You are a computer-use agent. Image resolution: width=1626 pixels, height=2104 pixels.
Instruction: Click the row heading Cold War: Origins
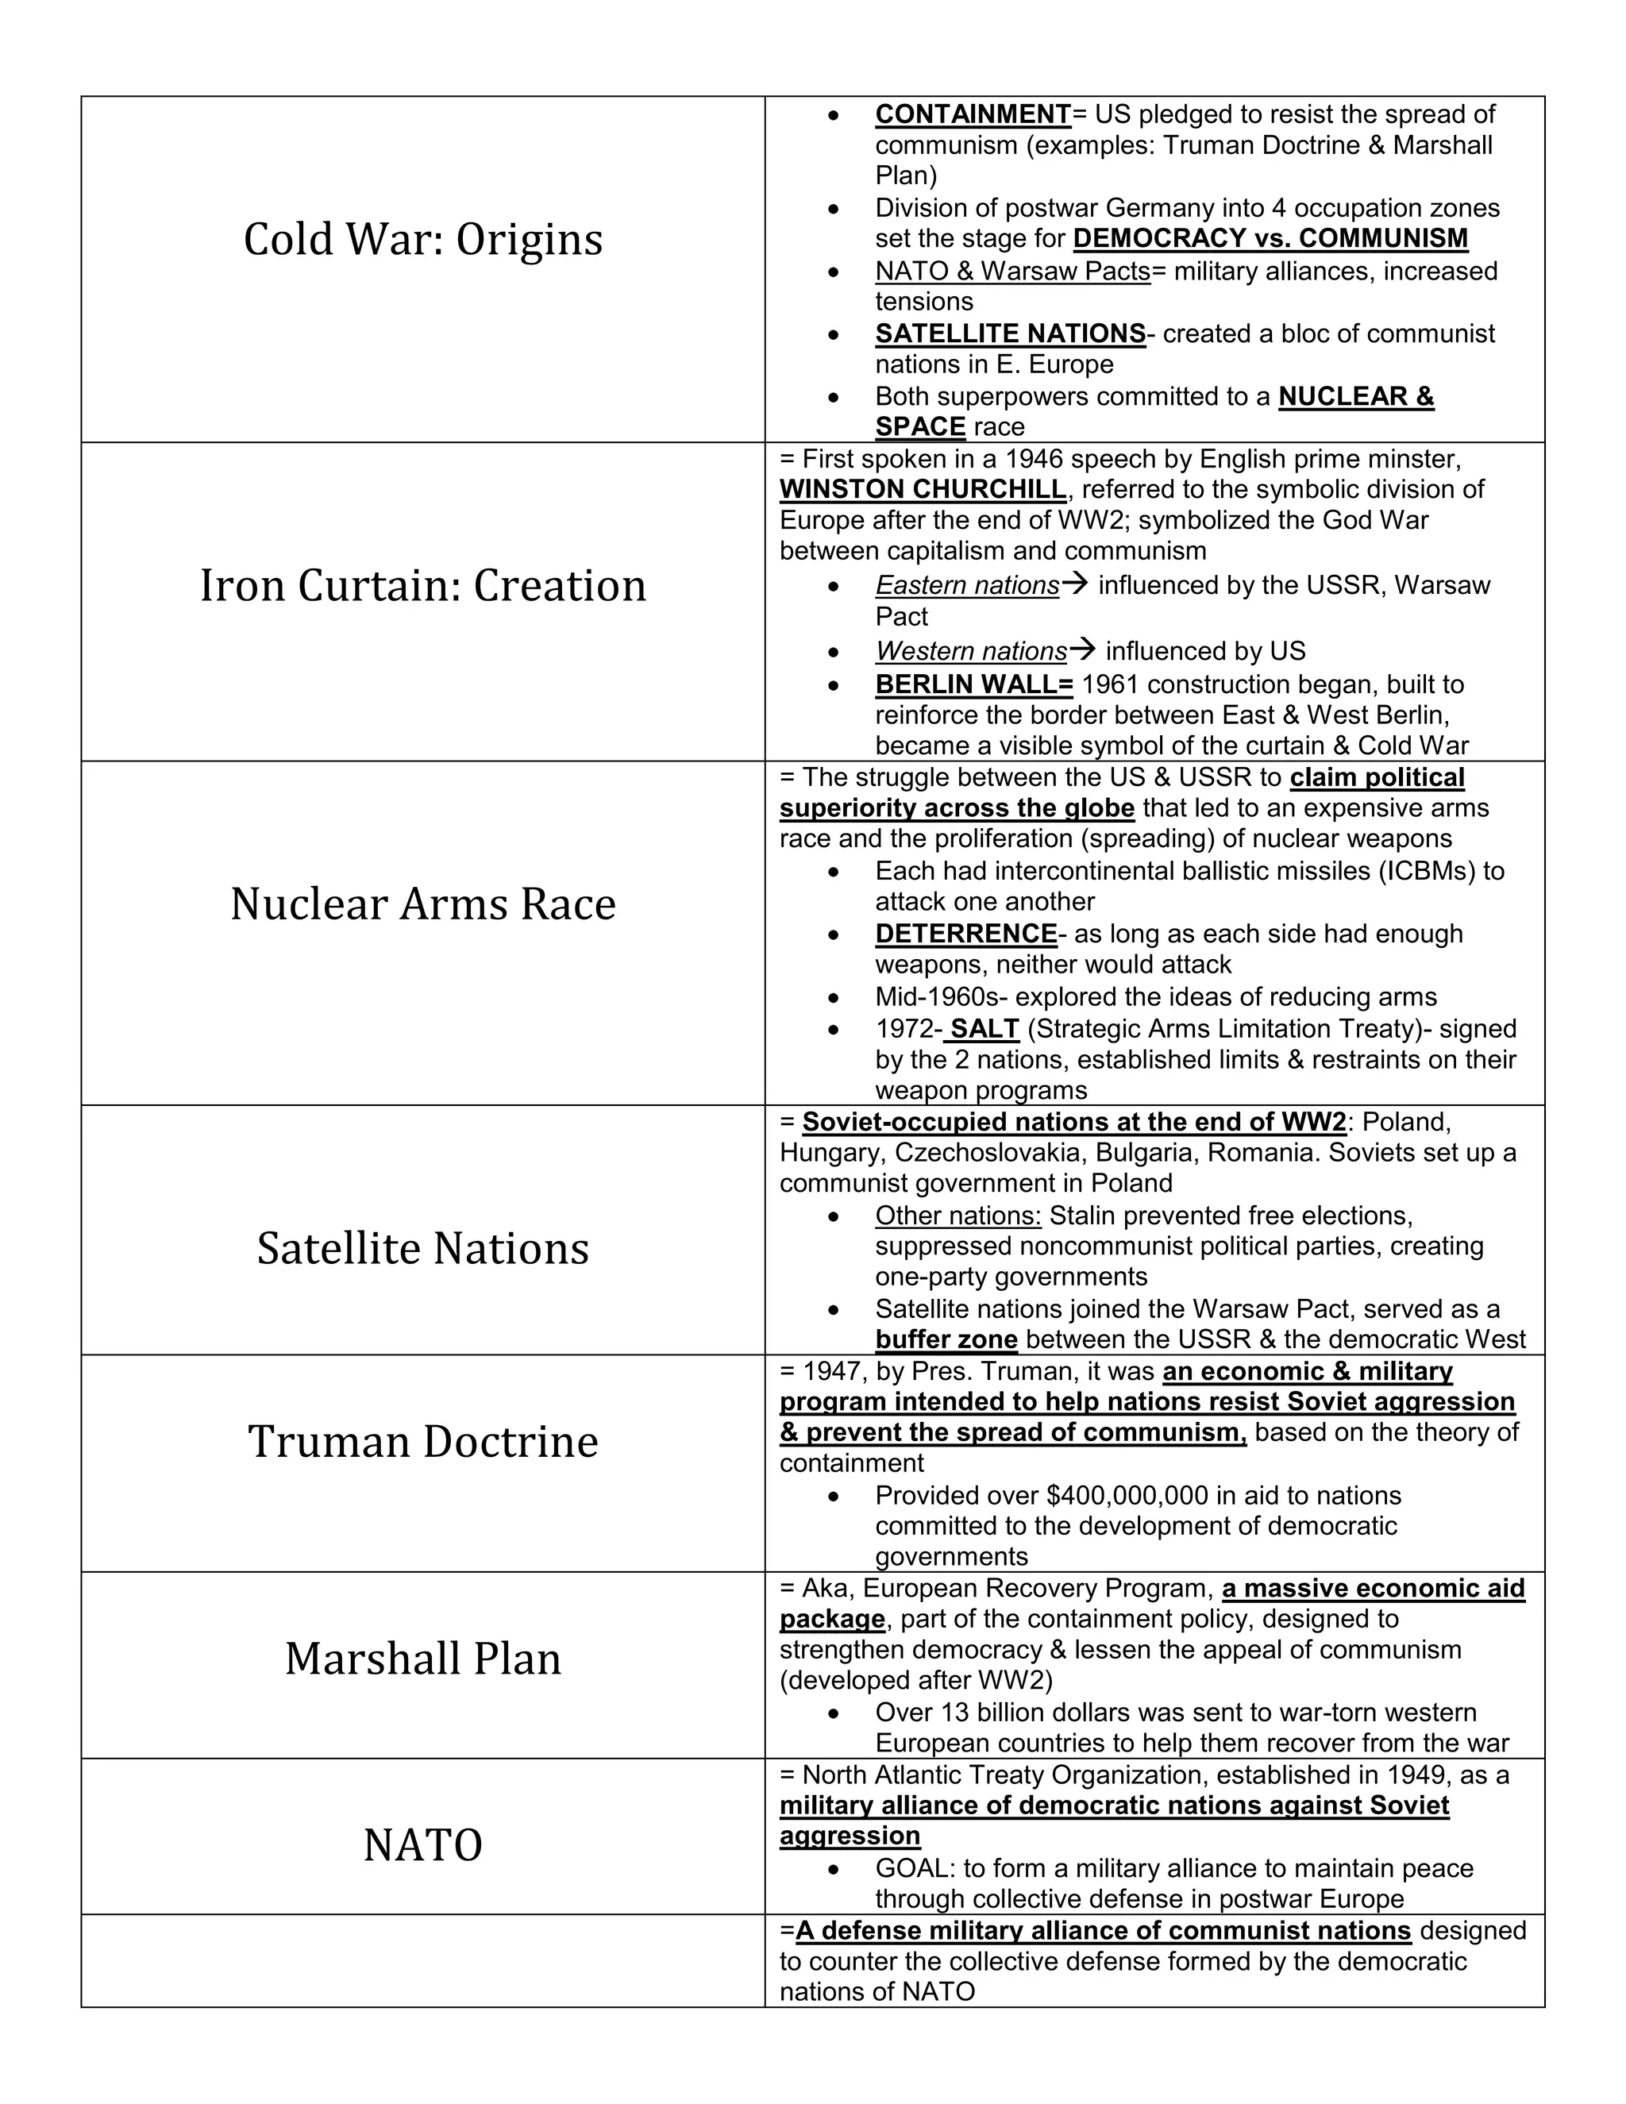423,239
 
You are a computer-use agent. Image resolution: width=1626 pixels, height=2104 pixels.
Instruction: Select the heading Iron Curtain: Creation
423,586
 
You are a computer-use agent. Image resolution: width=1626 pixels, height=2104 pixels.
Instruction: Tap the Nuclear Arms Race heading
423,904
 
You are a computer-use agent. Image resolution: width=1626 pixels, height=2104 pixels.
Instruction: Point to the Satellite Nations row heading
423,1249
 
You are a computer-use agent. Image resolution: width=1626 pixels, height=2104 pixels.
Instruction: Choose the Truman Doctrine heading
423,1441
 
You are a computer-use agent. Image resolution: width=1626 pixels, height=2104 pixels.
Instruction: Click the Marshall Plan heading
423,1658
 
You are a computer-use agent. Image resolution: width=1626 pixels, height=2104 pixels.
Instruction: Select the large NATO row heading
423,1845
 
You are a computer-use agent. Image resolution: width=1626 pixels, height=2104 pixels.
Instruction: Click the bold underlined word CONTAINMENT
972,114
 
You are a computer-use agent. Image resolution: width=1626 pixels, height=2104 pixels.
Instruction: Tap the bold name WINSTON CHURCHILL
922,489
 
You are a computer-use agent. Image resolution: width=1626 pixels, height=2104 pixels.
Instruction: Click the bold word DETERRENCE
965,934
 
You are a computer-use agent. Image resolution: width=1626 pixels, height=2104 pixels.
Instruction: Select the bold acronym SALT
984,1029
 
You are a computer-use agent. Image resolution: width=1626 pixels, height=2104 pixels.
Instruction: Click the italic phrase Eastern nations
966,586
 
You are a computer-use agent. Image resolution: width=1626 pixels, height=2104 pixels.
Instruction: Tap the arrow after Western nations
1083,650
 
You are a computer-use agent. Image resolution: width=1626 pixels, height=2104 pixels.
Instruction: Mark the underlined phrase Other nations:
957,1216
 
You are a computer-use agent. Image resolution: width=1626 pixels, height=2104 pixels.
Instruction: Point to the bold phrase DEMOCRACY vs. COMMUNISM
1270,239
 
